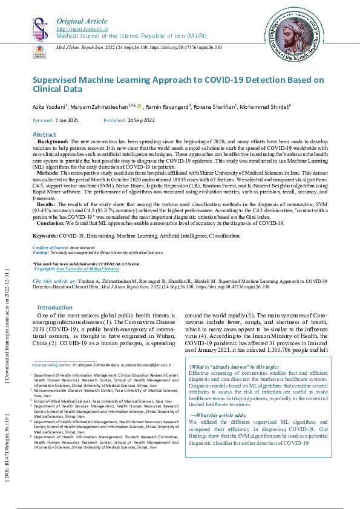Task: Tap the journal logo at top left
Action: [39, 28]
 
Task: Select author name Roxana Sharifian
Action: [214, 106]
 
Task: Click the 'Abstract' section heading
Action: [44, 134]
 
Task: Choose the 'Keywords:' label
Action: [45, 235]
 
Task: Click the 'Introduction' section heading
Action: [55, 308]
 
